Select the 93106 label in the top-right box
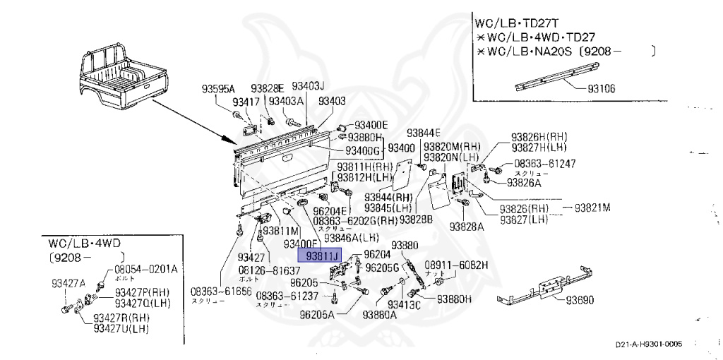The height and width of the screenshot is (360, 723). [602, 90]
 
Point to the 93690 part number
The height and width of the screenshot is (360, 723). [580, 300]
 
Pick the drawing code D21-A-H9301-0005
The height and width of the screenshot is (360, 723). [647, 345]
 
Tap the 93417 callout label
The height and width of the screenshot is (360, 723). [246, 102]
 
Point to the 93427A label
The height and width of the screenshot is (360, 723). [68, 283]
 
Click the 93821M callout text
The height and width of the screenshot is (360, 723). [592, 208]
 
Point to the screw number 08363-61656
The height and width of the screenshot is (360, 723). [220, 291]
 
